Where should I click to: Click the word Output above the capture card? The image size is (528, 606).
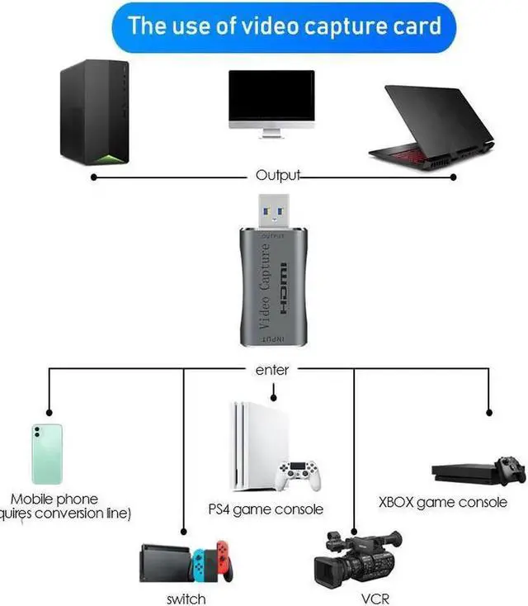coord(277,175)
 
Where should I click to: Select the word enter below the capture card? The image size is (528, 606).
coord(271,370)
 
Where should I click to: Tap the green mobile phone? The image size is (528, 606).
coord(47,453)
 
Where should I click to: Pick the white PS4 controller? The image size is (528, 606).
coord(298,476)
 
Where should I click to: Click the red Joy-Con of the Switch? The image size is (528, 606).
coord(223,561)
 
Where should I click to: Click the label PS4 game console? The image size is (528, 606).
coord(265,509)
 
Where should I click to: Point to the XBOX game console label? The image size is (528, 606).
coord(443,501)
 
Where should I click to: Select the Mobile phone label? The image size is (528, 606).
coord(54,499)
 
